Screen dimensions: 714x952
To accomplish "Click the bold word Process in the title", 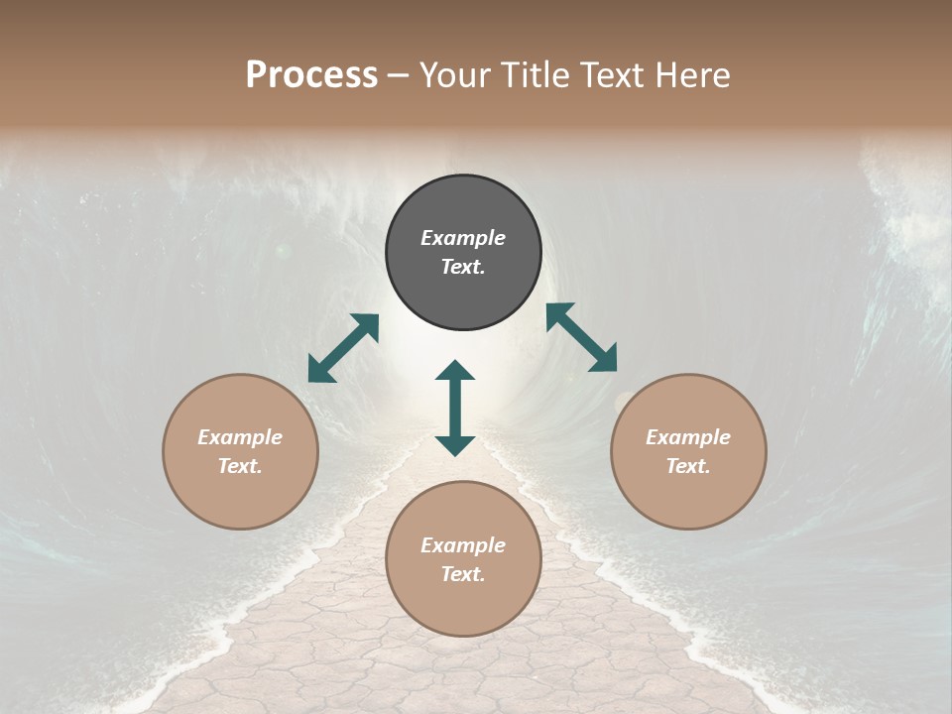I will pos(311,75).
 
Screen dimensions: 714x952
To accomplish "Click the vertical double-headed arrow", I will pos(455,408).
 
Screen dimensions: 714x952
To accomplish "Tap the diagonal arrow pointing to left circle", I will pos(343,348).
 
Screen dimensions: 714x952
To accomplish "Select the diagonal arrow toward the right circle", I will pos(581,337).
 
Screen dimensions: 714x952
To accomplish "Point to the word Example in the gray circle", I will pos(463,238).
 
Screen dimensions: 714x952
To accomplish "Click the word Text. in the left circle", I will pos(240,466).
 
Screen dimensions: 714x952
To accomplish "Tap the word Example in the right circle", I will pos(688,437).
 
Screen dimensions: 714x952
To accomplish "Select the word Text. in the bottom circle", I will pos(463,574).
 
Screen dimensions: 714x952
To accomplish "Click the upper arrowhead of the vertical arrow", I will pos(455,371).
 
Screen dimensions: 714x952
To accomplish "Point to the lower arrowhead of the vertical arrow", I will pos(455,445).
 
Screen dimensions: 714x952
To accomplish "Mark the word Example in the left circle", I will pos(240,437).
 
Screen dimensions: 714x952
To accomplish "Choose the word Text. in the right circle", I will pos(688,466).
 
